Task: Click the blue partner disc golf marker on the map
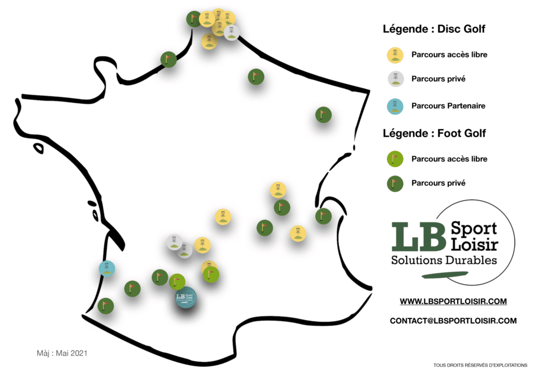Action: pos(107,269)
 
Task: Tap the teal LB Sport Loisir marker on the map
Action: pos(186,297)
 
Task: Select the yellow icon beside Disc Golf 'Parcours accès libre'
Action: pos(395,55)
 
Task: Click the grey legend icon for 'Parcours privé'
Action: pos(395,79)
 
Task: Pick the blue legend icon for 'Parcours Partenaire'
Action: pos(395,106)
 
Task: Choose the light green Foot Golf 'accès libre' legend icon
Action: pos(395,160)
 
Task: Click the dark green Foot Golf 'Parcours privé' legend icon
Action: pos(395,183)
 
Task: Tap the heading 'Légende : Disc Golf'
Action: pos(434,29)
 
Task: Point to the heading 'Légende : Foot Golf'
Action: pos(434,133)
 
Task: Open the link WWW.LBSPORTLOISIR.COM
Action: pos(453,302)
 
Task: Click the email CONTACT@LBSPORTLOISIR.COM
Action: pos(453,321)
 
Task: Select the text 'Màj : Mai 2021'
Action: pos(62,354)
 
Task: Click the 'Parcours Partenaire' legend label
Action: pos(448,106)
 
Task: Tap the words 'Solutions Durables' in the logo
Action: pos(444,260)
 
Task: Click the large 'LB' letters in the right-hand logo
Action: pos(418,237)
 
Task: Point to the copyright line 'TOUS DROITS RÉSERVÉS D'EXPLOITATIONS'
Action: pos(481,365)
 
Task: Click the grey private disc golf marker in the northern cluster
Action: pos(232,32)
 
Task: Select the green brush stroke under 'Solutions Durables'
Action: pos(445,275)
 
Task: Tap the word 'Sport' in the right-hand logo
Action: pos(474,229)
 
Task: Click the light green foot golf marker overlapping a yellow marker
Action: pos(211,274)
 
